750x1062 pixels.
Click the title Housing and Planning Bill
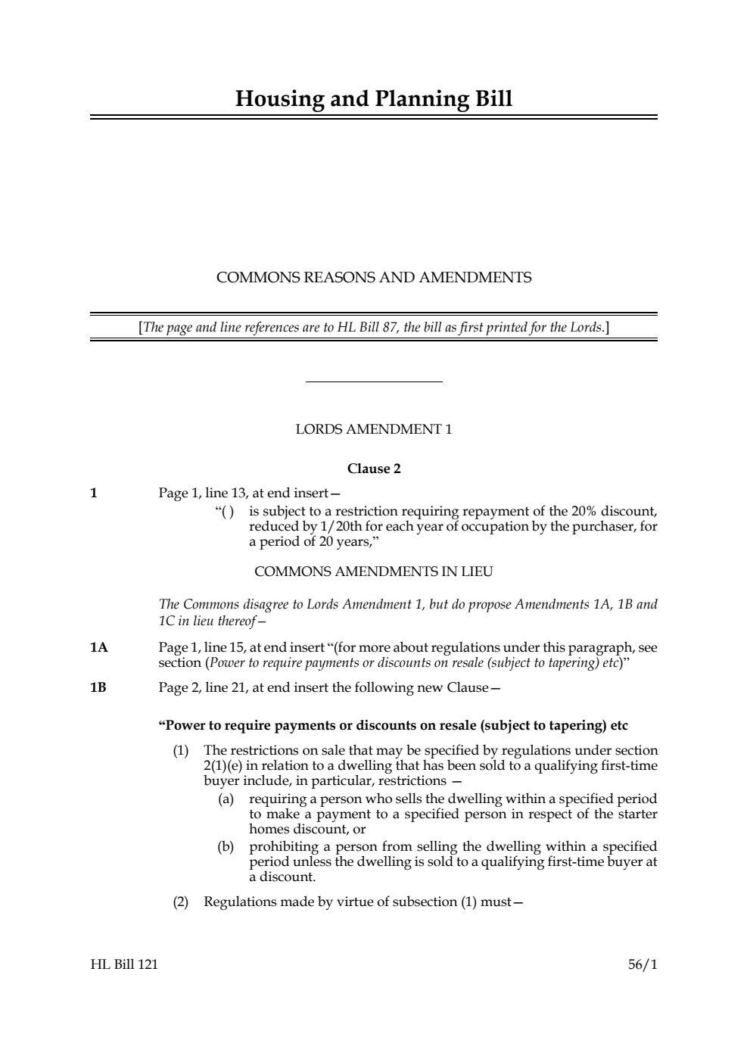coord(374,99)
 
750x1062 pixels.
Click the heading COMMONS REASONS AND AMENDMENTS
coord(374,278)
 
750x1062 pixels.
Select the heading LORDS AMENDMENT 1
coord(374,430)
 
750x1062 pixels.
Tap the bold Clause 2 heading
coord(374,469)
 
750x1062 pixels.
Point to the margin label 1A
coord(98,648)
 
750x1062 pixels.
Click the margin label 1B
coord(98,688)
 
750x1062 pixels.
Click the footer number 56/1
coord(643,964)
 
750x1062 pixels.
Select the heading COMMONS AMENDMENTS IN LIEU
coord(374,571)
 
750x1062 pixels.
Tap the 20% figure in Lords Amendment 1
coord(587,511)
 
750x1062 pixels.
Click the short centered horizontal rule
coord(374,382)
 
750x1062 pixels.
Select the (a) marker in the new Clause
coord(226,799)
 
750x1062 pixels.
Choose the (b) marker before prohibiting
coord(226,847)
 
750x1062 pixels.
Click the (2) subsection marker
coord(180,902)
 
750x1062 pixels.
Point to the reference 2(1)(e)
coord(223,766)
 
